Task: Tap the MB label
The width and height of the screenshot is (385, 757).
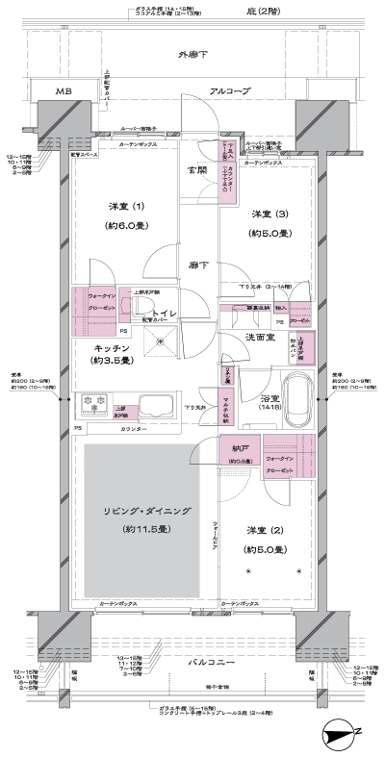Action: (x=63, y=91)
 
